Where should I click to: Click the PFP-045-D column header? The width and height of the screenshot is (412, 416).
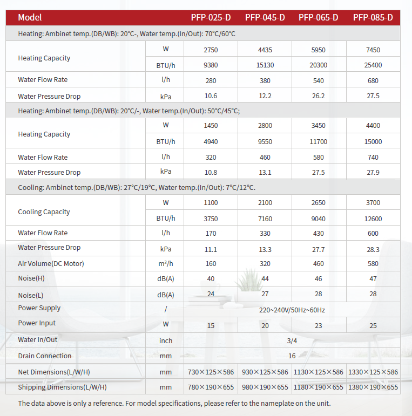coord(265,17)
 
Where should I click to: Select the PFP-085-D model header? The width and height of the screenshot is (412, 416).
coord(373,17)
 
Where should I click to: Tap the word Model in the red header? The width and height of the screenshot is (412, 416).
coord(30,17)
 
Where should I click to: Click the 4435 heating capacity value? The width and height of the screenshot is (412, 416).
coord(265,50)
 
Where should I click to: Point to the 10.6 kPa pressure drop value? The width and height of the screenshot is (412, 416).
coord(211,96)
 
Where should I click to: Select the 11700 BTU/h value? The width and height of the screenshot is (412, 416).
coord(319,142)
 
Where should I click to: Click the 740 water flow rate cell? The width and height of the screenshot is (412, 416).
coord(373,158)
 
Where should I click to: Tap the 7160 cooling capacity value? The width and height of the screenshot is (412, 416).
coord(265,219)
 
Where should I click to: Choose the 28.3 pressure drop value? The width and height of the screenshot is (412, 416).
coord(373,249)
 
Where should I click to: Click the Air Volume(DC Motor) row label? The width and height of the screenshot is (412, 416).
coord(51,263)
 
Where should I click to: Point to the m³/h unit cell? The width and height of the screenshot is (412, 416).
coord(166,264)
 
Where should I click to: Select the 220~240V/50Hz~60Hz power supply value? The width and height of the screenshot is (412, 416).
coord(292,310)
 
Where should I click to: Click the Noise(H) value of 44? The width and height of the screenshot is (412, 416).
coord(265,279)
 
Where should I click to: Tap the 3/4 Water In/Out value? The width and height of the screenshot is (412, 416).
coord(292,341)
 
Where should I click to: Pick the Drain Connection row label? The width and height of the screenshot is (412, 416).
coord(44,356)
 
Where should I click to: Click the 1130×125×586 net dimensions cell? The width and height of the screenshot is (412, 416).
coord(319,372)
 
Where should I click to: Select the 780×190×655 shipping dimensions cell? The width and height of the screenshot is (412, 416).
coord(211,387)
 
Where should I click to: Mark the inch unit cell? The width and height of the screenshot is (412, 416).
coord(166,341)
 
